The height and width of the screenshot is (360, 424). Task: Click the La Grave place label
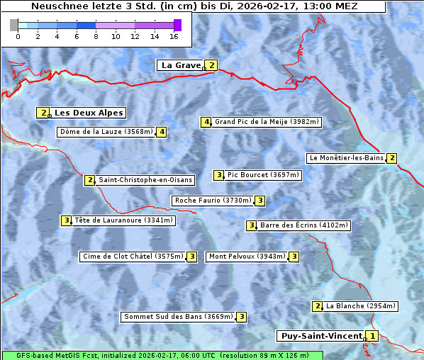[182, 65]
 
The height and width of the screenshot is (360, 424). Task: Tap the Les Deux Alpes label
[89, 113]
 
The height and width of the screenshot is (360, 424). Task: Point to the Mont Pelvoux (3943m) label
[247, 257]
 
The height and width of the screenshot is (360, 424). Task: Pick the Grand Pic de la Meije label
[267, 122]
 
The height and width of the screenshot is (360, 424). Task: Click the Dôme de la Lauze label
[106, 132]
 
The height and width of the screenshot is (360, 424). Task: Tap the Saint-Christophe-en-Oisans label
[145, 180]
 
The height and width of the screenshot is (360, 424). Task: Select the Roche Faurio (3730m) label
[213, 201]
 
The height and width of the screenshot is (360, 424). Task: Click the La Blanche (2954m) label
[360, 306]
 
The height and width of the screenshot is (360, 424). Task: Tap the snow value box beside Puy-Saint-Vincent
[373, 336]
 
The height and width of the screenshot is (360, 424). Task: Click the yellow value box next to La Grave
[211, 65]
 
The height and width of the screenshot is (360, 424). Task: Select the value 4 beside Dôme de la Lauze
[162, 132]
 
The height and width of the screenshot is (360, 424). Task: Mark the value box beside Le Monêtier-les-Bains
[391, 158]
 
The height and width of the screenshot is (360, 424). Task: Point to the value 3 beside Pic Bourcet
[219, 175]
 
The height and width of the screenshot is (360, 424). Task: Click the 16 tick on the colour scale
[174, 35]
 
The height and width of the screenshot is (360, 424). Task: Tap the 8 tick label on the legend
[96, 35]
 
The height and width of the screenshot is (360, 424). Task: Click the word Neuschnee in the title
[56, 6]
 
